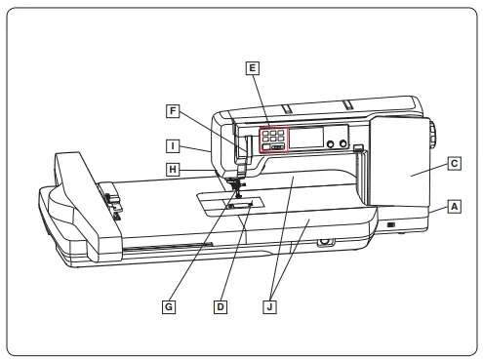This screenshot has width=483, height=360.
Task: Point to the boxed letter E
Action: click(x=253, y=68)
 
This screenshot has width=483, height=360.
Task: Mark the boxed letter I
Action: click(x=172, y=147)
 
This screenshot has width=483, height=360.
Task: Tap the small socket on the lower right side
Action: click(x=391, y=225)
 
